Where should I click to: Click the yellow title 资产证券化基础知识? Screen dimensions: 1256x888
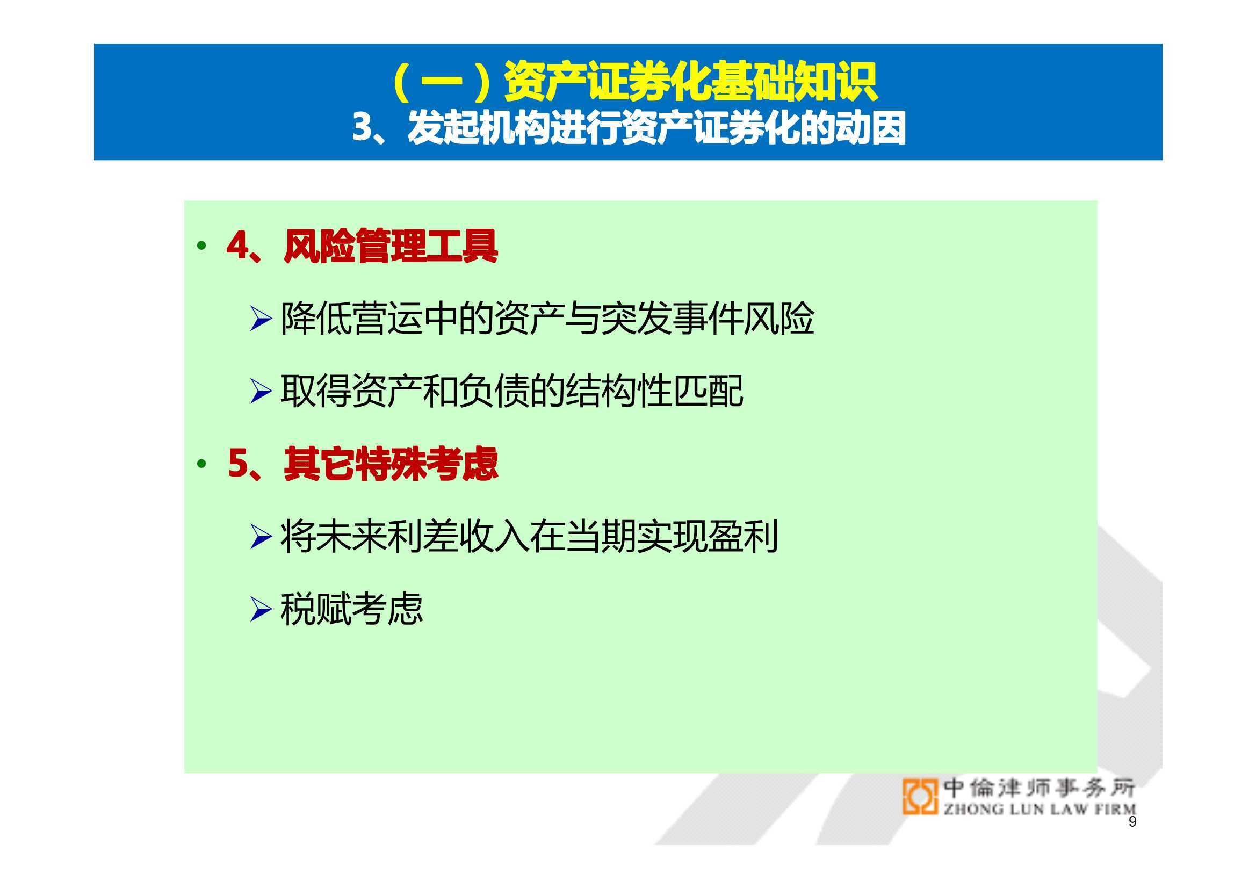click(690, 82)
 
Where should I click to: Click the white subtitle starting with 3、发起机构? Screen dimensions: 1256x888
click(629, 127)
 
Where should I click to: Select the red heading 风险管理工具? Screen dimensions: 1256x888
click(391, 246)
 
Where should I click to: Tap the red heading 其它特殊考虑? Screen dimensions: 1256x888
click(391, 464)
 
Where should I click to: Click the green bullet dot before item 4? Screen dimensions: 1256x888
click(202, 246)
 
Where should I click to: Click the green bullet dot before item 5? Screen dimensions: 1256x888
click(202, 464)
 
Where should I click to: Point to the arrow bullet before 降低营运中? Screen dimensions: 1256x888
click(261, 319)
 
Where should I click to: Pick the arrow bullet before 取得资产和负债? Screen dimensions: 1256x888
click(261, 391)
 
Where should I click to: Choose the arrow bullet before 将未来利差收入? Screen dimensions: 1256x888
click(261, 536)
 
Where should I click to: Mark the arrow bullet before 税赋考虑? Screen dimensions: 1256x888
click(261, 609)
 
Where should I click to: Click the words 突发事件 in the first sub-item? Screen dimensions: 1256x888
click(671, 319)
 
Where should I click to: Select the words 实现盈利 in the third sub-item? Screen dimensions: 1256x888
click(708, 536)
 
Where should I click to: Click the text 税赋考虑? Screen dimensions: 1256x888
click(352, 609)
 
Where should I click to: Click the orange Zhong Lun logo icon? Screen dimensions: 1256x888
click(920, 797)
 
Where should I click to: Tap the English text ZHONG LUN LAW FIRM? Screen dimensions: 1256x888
click(1040, 808)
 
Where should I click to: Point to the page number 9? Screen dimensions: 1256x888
click(1132, 821)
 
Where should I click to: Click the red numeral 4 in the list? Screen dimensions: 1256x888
click(238, 245)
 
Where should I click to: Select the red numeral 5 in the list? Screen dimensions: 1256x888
click(239, 464)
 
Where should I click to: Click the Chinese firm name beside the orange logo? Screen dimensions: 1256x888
click(1040, 788)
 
